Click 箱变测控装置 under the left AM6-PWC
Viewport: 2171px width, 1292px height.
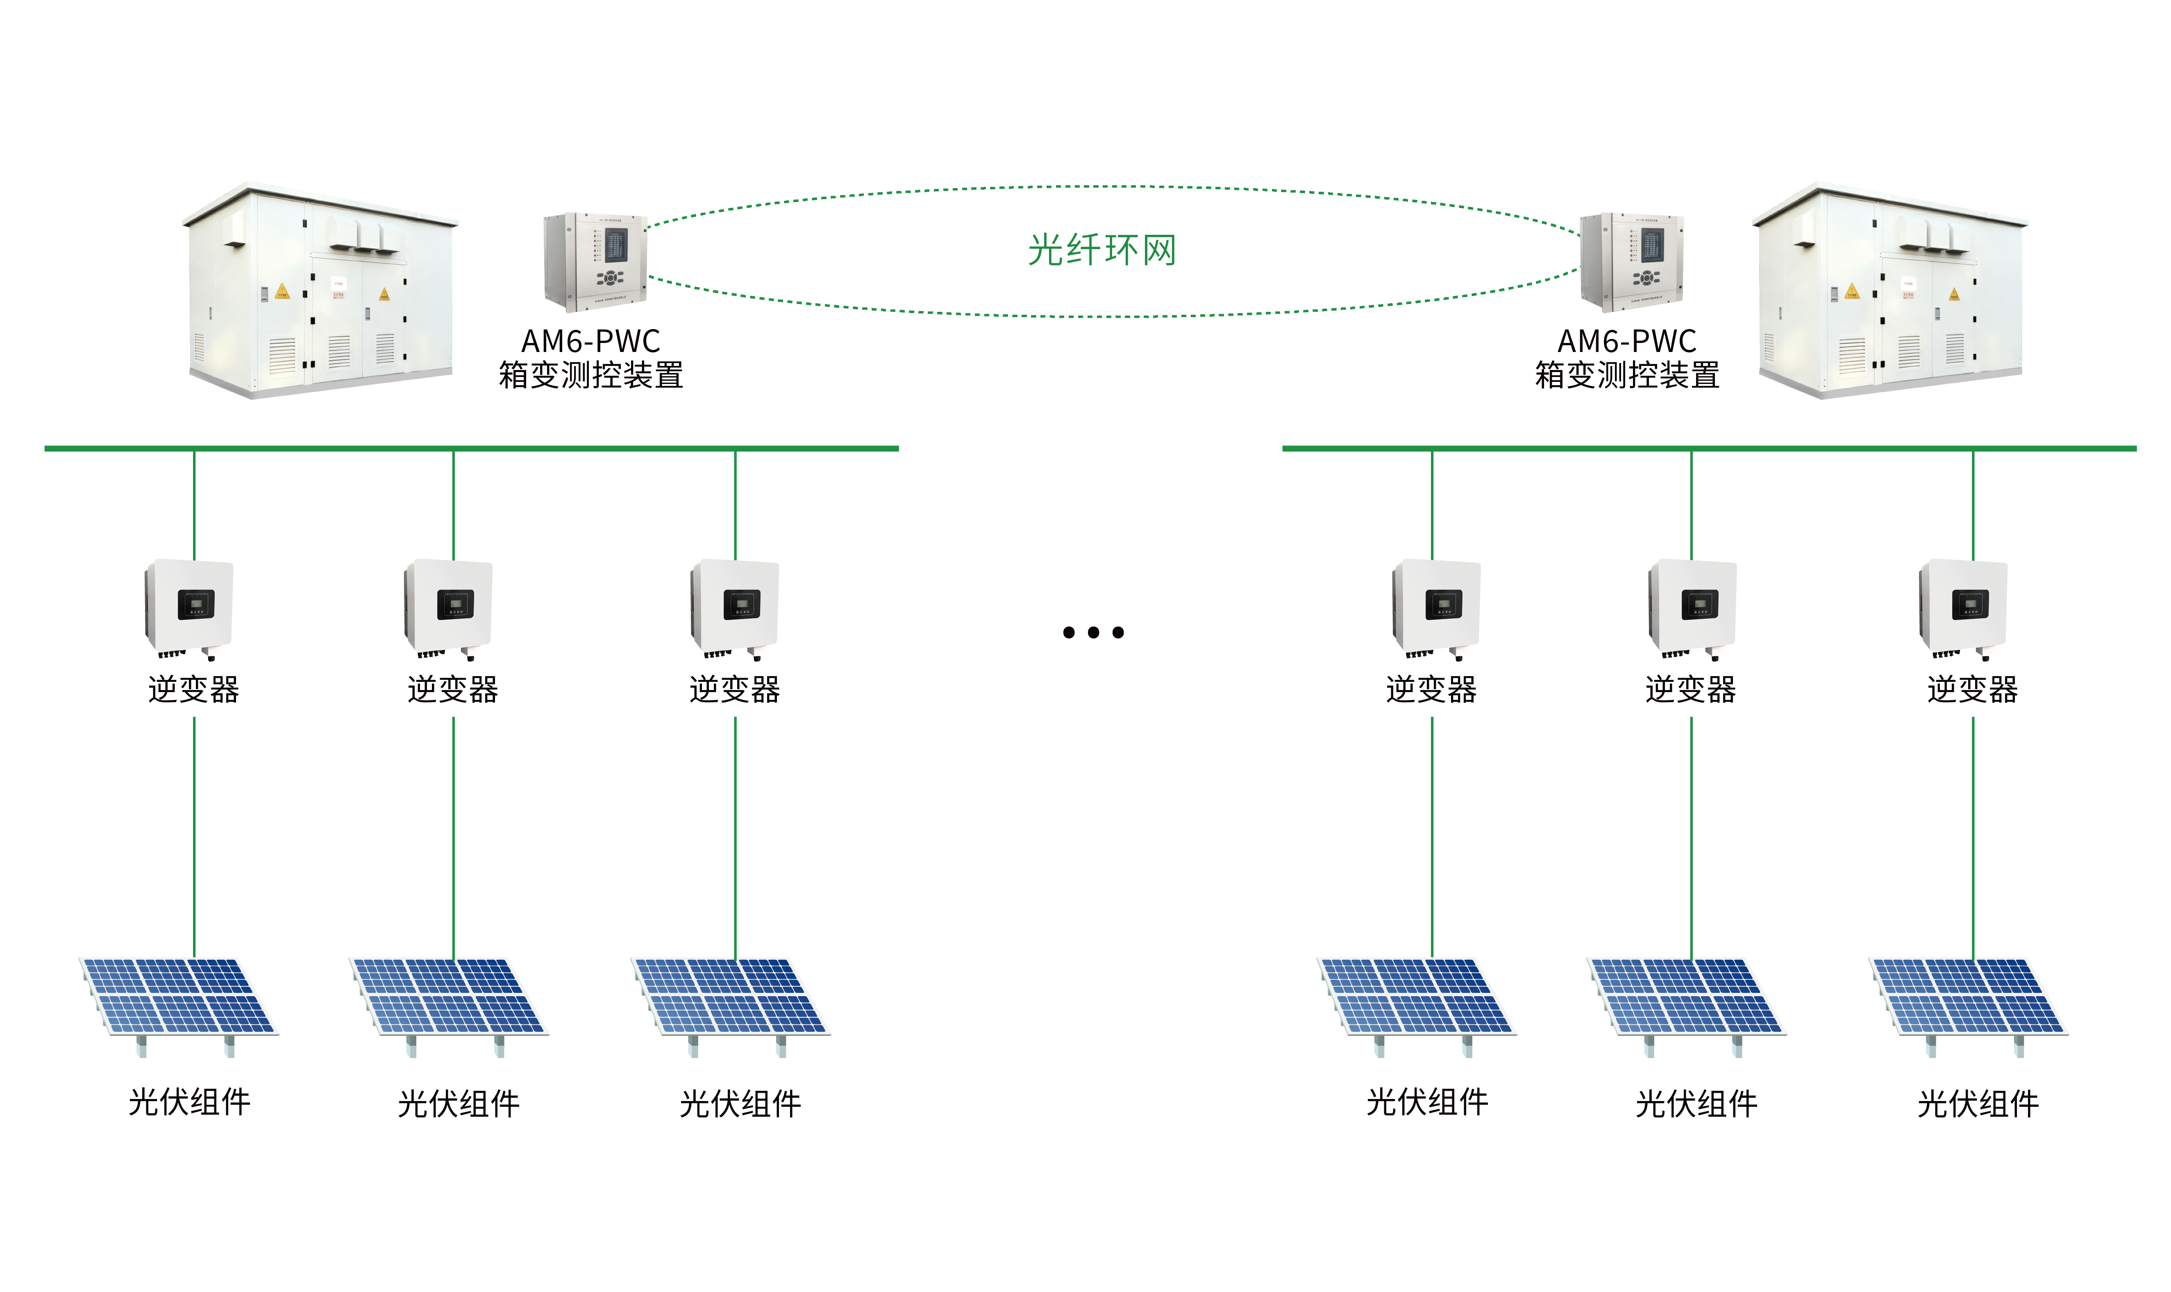coord(590,376)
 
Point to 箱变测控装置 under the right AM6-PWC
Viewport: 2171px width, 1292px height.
coord(1626,376)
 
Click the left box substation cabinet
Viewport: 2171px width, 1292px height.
coord(320,292)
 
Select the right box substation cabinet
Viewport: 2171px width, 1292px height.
coord(1889,292)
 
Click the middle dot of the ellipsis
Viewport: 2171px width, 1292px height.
coord(1093,633)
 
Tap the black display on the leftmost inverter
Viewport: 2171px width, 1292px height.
coord(196,604)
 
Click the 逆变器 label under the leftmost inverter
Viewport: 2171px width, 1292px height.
coord(193,690)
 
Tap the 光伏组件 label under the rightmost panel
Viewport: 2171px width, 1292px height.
coord(1978,1104)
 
